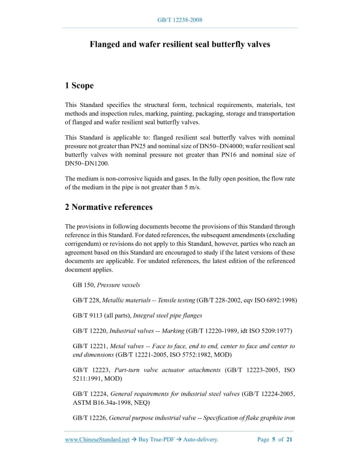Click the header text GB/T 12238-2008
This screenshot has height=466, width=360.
(180, 20)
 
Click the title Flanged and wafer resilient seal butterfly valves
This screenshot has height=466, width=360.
(180, 45)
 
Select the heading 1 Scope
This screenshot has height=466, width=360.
(79, 85)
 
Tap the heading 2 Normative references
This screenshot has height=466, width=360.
(109, 207)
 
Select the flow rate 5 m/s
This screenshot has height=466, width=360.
(191, 187)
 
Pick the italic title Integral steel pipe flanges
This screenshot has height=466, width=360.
(167, 315)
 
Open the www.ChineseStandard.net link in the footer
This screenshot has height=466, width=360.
(97, 440)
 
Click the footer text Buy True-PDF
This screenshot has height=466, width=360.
(157, 440)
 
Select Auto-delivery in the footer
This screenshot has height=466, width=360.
(201, 440)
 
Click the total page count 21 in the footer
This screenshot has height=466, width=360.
(289, 440)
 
